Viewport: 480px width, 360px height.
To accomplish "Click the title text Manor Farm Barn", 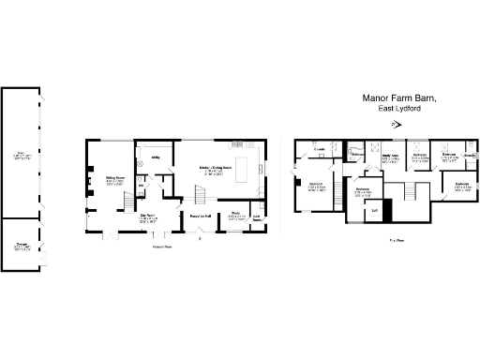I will point(400,97).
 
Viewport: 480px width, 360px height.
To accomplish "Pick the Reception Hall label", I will point(202,217).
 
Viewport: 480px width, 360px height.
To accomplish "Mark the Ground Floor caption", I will point(162,247).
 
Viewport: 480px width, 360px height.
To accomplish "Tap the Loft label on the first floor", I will point(374,210).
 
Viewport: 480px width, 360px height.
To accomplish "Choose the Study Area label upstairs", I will point(392,158).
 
